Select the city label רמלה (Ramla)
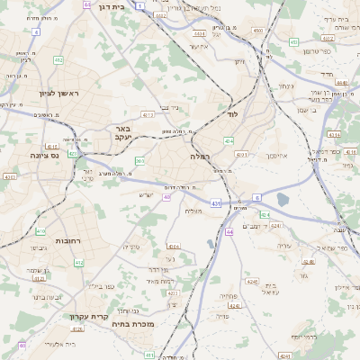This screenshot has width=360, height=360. tap(200, 157)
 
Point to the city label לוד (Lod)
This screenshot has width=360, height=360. tap(231, 116)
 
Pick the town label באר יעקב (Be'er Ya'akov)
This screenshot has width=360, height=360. tap(123, 134)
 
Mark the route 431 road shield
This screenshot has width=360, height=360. tap(216, 205)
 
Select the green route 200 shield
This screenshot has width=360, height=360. tap(139, 161)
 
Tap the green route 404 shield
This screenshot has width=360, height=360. tap(229, 141)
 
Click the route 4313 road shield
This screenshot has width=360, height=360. tap(148, 115)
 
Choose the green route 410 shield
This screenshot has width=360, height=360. tap(77, 264)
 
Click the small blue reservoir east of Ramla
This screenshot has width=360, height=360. tap(283, 199)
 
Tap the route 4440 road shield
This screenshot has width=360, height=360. tap(342, 82)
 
